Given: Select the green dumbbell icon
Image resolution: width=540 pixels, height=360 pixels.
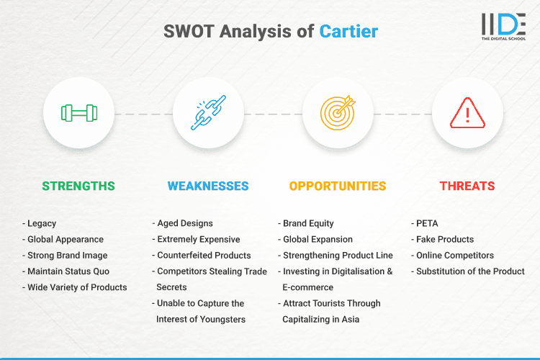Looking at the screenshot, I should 78,113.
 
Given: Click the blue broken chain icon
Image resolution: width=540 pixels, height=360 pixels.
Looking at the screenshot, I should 208,113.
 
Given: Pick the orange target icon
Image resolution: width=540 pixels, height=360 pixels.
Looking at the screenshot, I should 338,113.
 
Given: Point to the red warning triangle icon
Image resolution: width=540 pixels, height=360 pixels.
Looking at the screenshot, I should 467,113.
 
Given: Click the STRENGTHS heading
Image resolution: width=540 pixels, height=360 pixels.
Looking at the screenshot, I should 78,186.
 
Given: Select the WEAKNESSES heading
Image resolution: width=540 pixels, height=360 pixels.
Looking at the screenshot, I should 208,186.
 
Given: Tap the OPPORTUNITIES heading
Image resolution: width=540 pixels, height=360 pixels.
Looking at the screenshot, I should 338,186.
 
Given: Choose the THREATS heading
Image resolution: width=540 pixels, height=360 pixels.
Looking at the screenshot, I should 467,186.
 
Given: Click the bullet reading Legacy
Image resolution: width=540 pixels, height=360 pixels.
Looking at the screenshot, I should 41,223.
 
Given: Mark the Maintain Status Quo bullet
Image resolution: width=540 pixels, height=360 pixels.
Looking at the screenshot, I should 68,271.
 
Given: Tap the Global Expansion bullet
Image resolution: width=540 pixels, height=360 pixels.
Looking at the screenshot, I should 317,239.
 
